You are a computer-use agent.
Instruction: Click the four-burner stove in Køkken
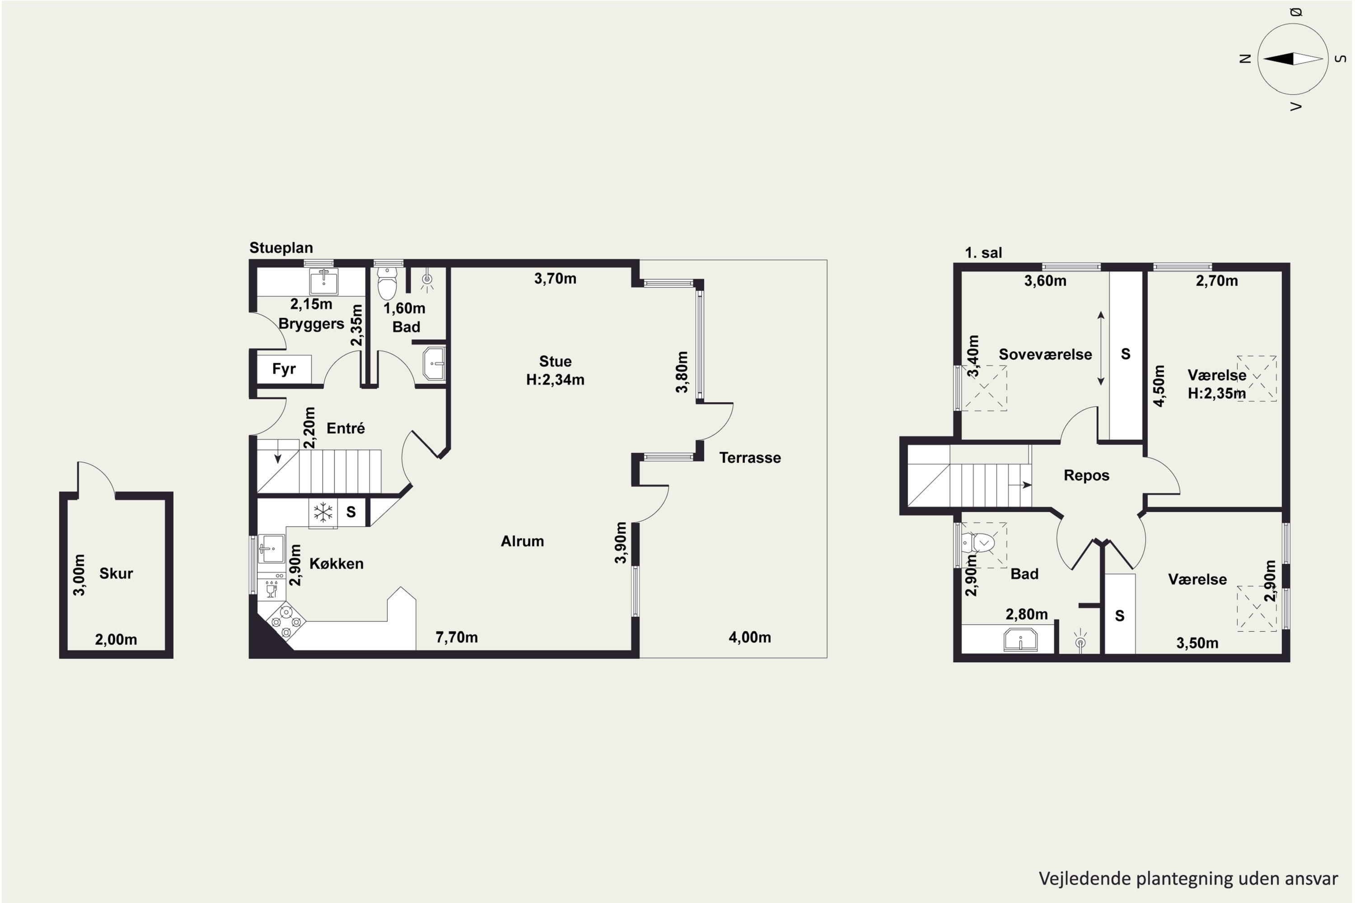pos(286,621)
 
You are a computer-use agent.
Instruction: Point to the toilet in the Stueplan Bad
pos(387,283)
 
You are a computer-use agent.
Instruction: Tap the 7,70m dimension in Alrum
pos(456,637)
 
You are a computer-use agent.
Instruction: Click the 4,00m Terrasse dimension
pos(749,637)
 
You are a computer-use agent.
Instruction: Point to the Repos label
pos(1086,476)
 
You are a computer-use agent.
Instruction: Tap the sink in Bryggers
pos(324,282)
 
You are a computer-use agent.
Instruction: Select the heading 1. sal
pos(983,253)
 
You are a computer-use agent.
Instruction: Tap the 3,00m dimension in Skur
pos(79,575)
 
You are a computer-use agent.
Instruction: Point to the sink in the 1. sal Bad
pos(1020,640)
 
